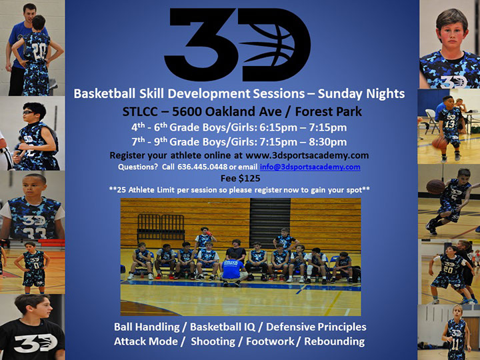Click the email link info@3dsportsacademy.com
(310, 167)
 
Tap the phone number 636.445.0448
(203, 167)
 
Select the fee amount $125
(249, 178)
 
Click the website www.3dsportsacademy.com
(307, 155)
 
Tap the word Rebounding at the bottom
(334, 341)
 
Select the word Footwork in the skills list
(270, 341)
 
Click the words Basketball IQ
(223, 327)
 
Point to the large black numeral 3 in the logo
(199, 45)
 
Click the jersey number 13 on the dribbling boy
(450, 124)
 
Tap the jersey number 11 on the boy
(455, 345)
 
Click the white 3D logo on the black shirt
(35, 343)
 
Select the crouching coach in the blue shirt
(233, 269)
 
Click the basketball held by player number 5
(435, 187)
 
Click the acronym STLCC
(139, 112)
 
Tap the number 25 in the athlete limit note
(121, 190)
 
